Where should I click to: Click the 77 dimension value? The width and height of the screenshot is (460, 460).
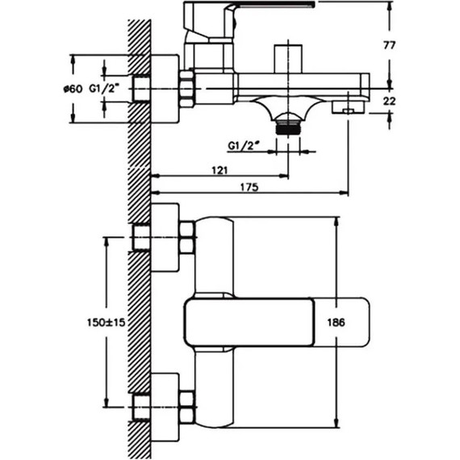pyautogui.click(x=389, y=45)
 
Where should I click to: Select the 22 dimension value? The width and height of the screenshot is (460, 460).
pyautogui.click(x=389, y=101)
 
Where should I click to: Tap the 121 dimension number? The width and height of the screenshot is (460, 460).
pyautogui.click(x=220, y=169)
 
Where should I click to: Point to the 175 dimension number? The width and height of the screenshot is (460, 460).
pyautogui.click(x=249, y=187)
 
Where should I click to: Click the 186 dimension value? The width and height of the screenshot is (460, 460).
pyautogui.click(x=336, y=323)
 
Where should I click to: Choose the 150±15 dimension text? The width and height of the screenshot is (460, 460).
pyautogui.click(x=107, y=323)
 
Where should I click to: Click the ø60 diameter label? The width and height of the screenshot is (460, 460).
pyautogui.click(x=73, y=89)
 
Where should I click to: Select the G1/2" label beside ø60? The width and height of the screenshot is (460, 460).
pyautogui.click(x=104, y=88)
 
